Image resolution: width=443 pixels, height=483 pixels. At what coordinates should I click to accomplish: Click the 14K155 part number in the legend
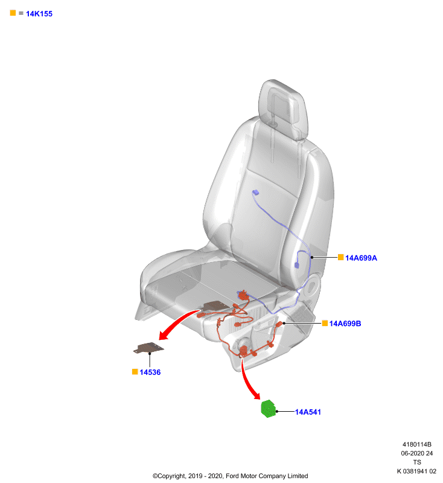click(x=39, y=14)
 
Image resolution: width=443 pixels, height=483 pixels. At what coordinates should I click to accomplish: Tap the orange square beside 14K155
click(x=13, y=13)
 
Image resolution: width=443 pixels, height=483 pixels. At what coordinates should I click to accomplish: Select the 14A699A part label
click(x=361, y=258)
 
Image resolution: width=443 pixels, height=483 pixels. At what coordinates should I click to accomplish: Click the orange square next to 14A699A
click(x=340, y=257)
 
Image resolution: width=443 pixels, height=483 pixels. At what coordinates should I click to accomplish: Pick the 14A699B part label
click(x=345, y=324)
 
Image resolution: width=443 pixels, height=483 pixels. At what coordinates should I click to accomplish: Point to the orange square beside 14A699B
click(x=325, y=323)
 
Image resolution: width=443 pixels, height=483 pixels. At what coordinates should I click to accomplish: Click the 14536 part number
click(x=150, y=373)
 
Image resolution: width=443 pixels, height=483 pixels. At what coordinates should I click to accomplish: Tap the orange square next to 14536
click(x=135, y=372)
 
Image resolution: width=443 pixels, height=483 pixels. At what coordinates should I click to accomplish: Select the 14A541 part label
click(x=308, y=412)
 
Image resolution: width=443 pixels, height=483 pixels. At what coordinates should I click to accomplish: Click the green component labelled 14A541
click(x=269, y=409)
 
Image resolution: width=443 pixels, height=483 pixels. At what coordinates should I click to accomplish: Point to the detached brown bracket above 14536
click(x=148, y=348)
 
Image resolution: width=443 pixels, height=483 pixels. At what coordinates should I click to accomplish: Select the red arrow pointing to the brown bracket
click(x=176, y=323)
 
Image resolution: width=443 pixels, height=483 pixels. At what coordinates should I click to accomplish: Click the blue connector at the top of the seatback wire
click(x=255, y=193)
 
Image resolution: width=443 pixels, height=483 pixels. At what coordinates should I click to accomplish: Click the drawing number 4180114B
click(x=417, y=444)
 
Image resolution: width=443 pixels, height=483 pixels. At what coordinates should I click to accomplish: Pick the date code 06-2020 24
click(x=417, y=453)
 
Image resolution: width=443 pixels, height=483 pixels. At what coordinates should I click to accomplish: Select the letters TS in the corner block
click(x=417, y=462)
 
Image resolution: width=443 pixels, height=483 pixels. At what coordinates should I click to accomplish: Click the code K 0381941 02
click(x=416, y=472)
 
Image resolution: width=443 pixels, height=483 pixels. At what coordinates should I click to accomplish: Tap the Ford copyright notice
click(x=231, y=476)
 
